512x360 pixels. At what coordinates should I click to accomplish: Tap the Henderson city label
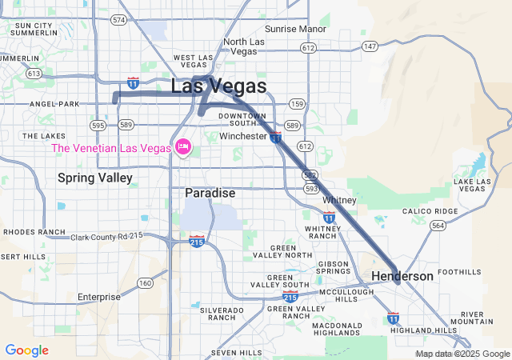[402, 276]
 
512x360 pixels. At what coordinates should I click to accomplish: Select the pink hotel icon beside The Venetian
[183, 147]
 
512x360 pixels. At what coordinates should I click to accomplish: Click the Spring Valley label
[95, 178]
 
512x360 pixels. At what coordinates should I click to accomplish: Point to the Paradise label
[210, 193]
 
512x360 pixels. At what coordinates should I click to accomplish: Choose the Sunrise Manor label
[296, 29]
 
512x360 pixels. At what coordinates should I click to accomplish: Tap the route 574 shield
[119, 19]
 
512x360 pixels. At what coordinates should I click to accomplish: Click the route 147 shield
[370, 47]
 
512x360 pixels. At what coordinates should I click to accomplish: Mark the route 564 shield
[438, 226]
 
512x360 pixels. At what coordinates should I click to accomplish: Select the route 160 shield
[145, 282]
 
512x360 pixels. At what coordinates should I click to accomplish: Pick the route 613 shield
[34, 73]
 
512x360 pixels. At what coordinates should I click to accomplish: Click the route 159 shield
[297, 104]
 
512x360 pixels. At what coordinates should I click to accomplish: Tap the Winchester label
[243, 136]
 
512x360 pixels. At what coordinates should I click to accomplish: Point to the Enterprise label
[99, 297]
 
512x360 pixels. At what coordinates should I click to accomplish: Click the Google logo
[26, 350]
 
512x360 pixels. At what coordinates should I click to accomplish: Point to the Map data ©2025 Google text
[462, 354]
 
